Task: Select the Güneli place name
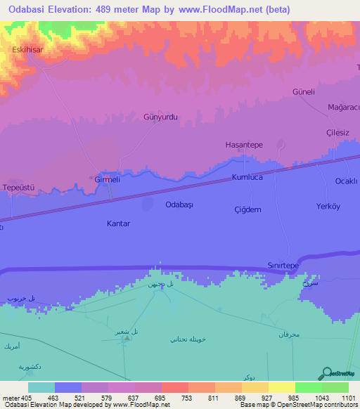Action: click(x=303, y=92)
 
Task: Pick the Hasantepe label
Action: click(x=243, y=144)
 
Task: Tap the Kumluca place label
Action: click(x=247, y=178)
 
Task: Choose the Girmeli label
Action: click(x=108, y=180)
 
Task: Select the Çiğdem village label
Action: click(x=247, y=209)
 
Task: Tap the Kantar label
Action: click(x=118, y=223)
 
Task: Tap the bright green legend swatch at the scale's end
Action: click(x=335, y=387)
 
